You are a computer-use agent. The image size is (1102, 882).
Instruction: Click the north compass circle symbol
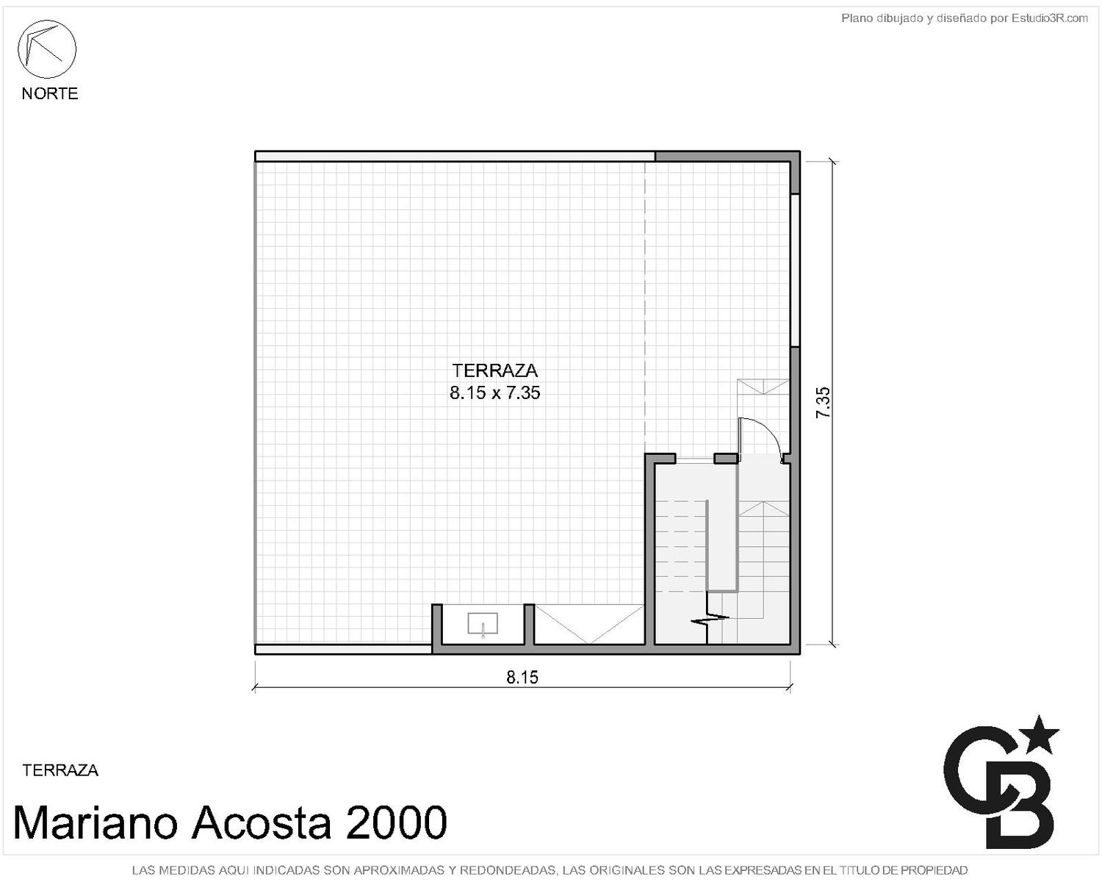click(x=47, y=49)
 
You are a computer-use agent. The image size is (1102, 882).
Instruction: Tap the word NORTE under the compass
click(x=50, y=93)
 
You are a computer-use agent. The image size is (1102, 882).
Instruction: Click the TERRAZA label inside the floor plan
click(x=494, y=370)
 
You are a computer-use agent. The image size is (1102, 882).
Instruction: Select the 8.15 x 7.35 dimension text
click(x=494, y=392)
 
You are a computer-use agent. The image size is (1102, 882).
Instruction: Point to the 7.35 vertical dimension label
click(x=822, y=402)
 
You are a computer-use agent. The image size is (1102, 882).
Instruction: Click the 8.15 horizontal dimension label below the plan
click(x=522, y=678)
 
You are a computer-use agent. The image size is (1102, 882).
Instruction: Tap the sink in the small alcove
click(x=483, y=624)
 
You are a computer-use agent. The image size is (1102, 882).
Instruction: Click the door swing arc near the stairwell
click(x=768, y=436)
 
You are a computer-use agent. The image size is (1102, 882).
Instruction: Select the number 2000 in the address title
click(x=396, y=822)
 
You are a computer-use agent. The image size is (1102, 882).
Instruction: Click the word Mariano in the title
click(x=96, y=822)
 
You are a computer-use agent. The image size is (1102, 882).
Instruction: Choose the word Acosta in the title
click(x=261, y=822)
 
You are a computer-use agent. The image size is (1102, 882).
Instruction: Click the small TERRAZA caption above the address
click(x=60, y=770)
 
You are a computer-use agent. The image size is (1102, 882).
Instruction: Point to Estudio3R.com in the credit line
click(x=1049, y=18)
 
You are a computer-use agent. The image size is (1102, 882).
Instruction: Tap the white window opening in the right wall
click(x=795, y=270)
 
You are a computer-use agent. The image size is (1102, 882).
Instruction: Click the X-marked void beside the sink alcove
click(x=589, y=624)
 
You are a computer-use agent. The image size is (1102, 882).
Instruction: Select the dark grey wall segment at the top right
click(x=727, y=157)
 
